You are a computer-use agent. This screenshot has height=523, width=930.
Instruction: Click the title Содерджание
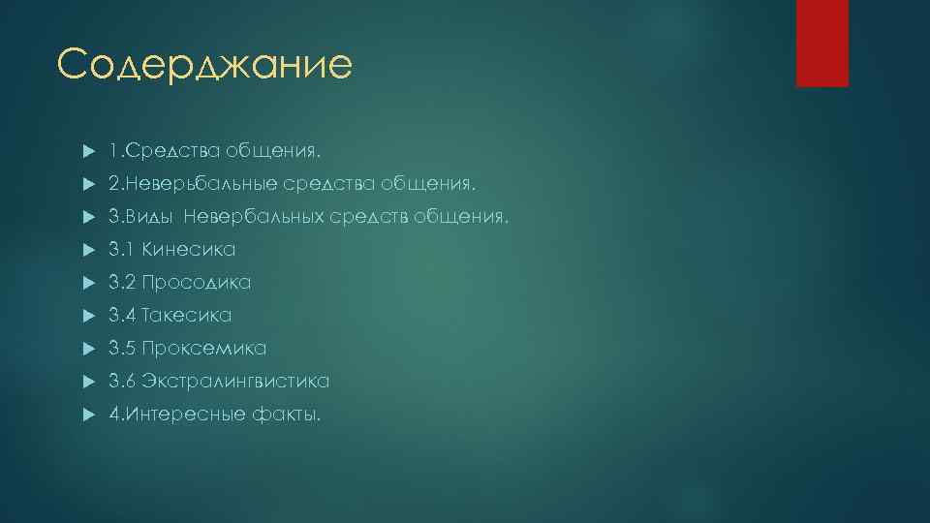point(204,65)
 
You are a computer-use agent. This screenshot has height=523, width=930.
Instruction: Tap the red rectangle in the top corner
point(821,43)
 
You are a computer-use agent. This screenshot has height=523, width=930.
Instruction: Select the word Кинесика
point(189,250)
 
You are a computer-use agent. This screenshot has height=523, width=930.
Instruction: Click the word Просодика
point(197,283)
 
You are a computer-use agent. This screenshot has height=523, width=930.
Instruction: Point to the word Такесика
point(187,316)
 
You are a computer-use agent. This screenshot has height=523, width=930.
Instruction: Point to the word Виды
point(151,217)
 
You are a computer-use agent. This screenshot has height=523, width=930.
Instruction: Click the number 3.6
point(122,382)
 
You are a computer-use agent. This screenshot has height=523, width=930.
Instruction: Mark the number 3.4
point(122,316)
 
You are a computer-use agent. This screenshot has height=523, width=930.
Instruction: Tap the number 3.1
point(122,250)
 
